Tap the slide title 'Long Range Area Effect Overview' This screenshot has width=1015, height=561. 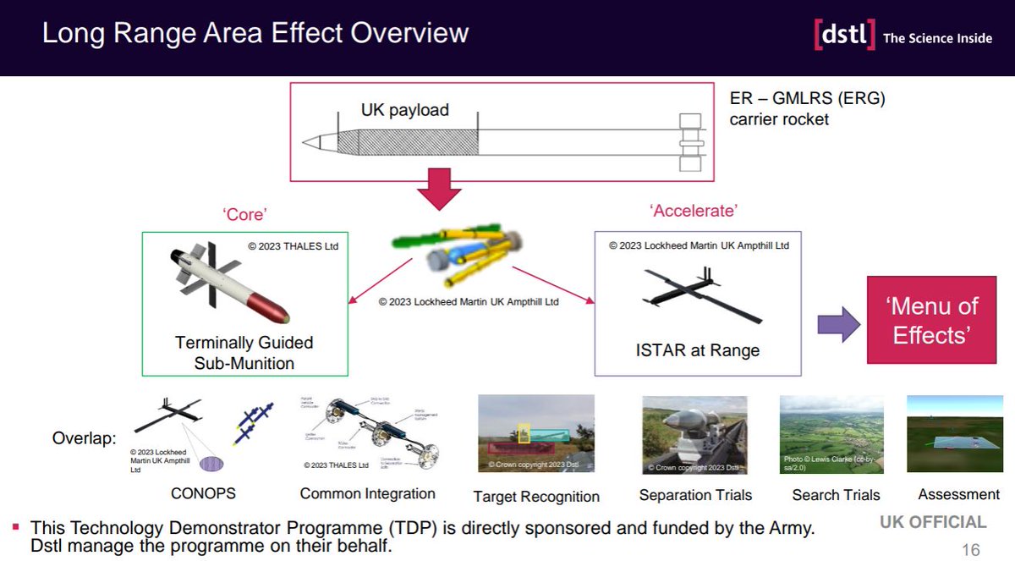tap(255, 33)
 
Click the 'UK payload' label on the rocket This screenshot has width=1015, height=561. tap(404, 111)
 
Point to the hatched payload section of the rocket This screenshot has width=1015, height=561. tap(407, 140)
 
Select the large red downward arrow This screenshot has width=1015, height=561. tap(438, 190)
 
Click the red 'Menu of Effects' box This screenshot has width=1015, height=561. tap(933, 320)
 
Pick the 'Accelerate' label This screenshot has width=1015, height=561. tap(693, 211)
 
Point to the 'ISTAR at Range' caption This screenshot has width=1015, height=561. tap(697, 350)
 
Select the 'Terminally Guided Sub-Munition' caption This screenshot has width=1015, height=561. tap(244, 353)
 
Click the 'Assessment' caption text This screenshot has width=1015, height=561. tap(958, 494)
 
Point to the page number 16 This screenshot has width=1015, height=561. tap(971, 550)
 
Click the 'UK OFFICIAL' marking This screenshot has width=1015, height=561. tap(933, 522)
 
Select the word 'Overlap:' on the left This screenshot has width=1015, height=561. tap(84, 439)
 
